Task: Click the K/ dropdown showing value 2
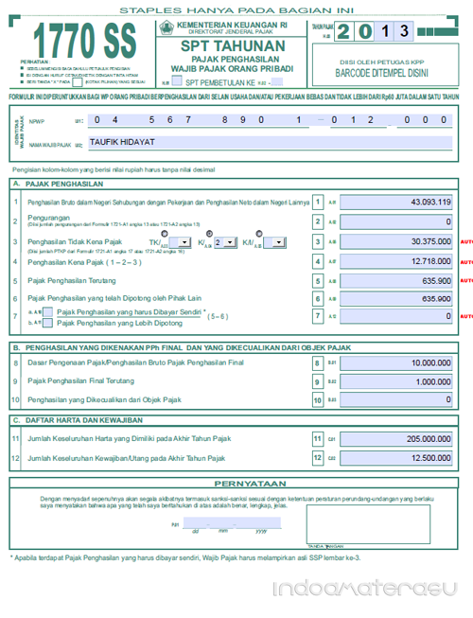pos(224,242)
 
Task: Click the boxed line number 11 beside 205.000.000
pos(318,439)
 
